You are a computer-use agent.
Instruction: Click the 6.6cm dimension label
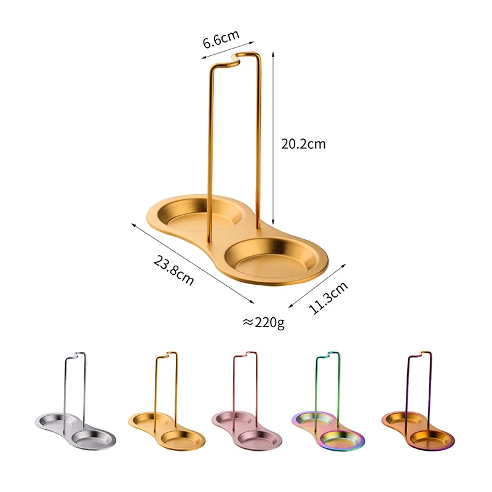pyautogui.click(x=221, y=39)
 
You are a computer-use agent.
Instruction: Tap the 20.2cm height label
pyautogui.click(x=303, y=144)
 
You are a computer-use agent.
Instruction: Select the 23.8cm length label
pyautogui.click(x=173, y=270)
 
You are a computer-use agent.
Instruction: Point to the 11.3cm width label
pyautogui.click(x=328, y=298)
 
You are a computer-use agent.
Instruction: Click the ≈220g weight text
pyautogui.click(x=263, y=322)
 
